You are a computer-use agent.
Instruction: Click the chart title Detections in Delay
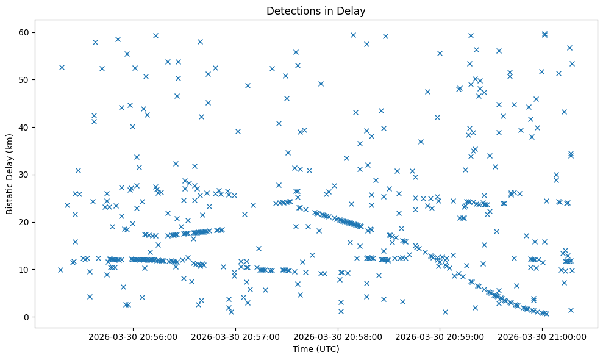pyautogui.click(x=316, y=10)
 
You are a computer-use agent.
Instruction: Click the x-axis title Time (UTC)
pyautogui.click(x=316, y=350)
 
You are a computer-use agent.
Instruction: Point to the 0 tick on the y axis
pyautogui.click(x=26, y=317)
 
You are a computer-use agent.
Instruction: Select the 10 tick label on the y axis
pyautogui.click(x=24, y=270)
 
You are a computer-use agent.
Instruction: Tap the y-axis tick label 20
pyautogui.click(x=24, y=222)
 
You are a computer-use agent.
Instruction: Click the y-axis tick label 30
pyautogui.click(x=24, y=175)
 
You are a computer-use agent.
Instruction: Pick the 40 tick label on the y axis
pyautogui.click(x=24, y=127)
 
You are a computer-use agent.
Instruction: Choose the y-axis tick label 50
pyautogui.click(x=24, y=80)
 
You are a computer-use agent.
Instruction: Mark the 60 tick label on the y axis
pyautogui.click(x=24, y=32)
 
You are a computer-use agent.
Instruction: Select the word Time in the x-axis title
pyautogui.click(x=304, y=350)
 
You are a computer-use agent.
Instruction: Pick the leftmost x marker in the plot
pyautogui.click(x=60, y=270)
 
